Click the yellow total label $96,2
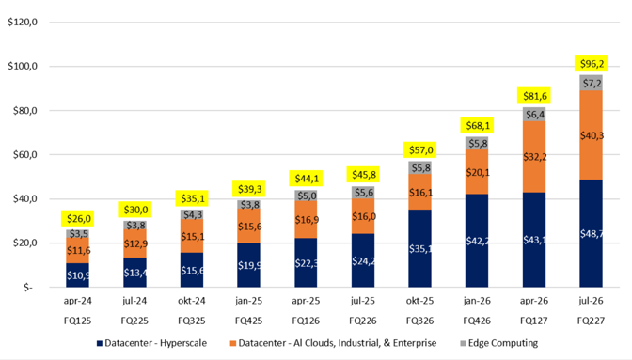(x=592, y=64)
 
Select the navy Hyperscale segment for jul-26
(x=592, y=233)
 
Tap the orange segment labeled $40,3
(x=592, y=135)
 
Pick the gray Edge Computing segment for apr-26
(x=534, y=114)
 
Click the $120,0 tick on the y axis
(x=23, y=23)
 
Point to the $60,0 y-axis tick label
(x=23, y=155)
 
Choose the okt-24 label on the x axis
(x=192, y=301)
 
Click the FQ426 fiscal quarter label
(x=477, y=321)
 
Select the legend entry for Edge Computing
(x=499, y=343)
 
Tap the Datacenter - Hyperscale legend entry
(x=152, y=343)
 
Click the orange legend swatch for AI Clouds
(x=233, y=343)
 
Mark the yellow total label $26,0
(x=78, y=219)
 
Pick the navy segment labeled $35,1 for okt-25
(x=420, y=248)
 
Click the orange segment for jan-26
(x=477, y=172)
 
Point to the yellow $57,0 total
(x=420, y=150)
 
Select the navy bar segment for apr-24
(x=78, y=275)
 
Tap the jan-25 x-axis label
(x=248, y=301)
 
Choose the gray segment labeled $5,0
(x=306, y=196)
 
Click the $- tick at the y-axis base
(x=28, y=287)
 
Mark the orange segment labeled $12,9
(x=135, y=243)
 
